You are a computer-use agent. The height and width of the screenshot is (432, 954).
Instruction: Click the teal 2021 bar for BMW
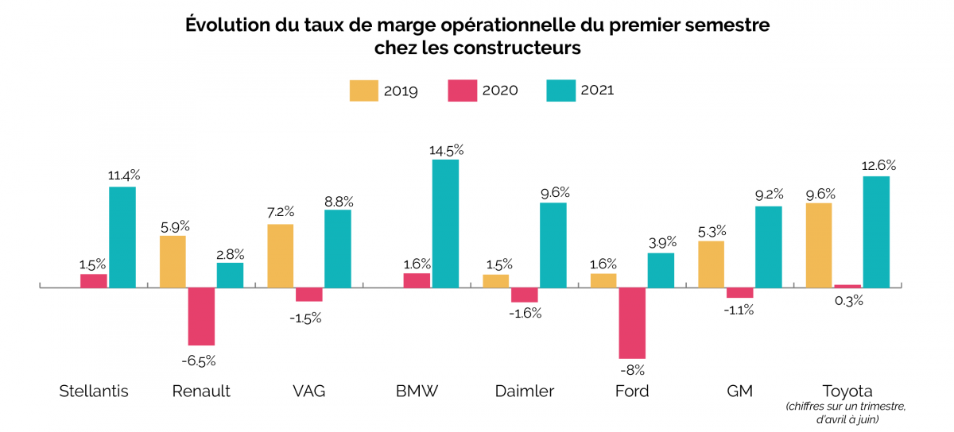coord(445,223)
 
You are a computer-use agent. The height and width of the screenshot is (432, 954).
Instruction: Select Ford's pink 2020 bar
coord(632,322)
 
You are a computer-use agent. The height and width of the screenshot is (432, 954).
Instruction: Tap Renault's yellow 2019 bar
coord(173,261)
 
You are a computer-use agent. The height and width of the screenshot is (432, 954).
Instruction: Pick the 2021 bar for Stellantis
coord(122,237)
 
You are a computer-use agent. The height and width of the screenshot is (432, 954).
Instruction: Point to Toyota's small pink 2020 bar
coord(847,286)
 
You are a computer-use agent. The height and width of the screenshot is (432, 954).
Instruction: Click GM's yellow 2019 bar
coord(711,264)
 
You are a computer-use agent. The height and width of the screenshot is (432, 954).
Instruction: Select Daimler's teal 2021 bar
coord(553,245)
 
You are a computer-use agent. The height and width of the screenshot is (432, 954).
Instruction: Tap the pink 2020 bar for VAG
coord(308,294)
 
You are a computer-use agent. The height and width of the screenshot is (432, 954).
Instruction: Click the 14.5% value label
coord(446,149)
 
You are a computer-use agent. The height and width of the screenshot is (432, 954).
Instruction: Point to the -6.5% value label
coord(199,361)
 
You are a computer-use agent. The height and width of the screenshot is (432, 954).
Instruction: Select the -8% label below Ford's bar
coord(633,369)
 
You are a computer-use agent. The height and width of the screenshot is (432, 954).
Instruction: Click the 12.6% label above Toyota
coord(877,166)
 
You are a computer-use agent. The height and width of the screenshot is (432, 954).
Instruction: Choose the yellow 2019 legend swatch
coord(363,91)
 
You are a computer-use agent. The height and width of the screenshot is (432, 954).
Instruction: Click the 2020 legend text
coord(500,91)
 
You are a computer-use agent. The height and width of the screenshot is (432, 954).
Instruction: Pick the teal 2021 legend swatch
coord(560,91)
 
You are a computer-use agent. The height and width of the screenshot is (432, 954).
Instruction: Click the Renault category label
coord(201,391)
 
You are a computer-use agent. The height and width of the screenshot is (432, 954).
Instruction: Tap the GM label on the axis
coord(739,391)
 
